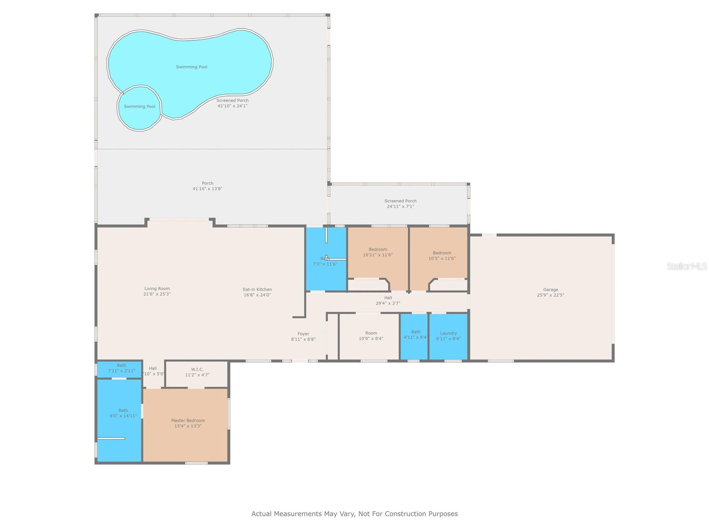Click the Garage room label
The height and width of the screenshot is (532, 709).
point(550,289)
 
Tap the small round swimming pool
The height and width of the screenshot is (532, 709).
point(139,108)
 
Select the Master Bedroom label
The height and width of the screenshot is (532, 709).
point(188,420)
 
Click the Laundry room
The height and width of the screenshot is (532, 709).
point(448,336)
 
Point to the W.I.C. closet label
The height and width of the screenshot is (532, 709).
point(197,369)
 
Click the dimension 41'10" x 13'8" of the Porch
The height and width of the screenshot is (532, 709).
point(207,189)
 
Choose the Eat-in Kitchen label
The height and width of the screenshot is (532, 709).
point(257,289)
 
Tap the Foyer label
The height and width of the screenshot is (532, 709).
point(303,334)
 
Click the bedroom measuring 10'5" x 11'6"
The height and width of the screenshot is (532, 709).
point(441,255)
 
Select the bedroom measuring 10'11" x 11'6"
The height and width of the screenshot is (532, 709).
point(378,252)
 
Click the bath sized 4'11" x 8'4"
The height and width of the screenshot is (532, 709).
point(415,335)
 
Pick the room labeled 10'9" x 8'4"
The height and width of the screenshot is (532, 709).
point(371,336)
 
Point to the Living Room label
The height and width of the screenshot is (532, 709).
point(157,289)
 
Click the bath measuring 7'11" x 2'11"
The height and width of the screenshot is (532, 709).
point(121,368)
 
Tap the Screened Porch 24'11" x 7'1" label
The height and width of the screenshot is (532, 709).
point(400,203)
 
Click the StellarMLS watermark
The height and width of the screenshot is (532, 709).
point(686,266)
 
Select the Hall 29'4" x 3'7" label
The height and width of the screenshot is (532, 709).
point(388,301)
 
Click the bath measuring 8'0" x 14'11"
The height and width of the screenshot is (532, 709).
point(123,413)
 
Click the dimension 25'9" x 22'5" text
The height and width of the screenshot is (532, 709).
point(550,295)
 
